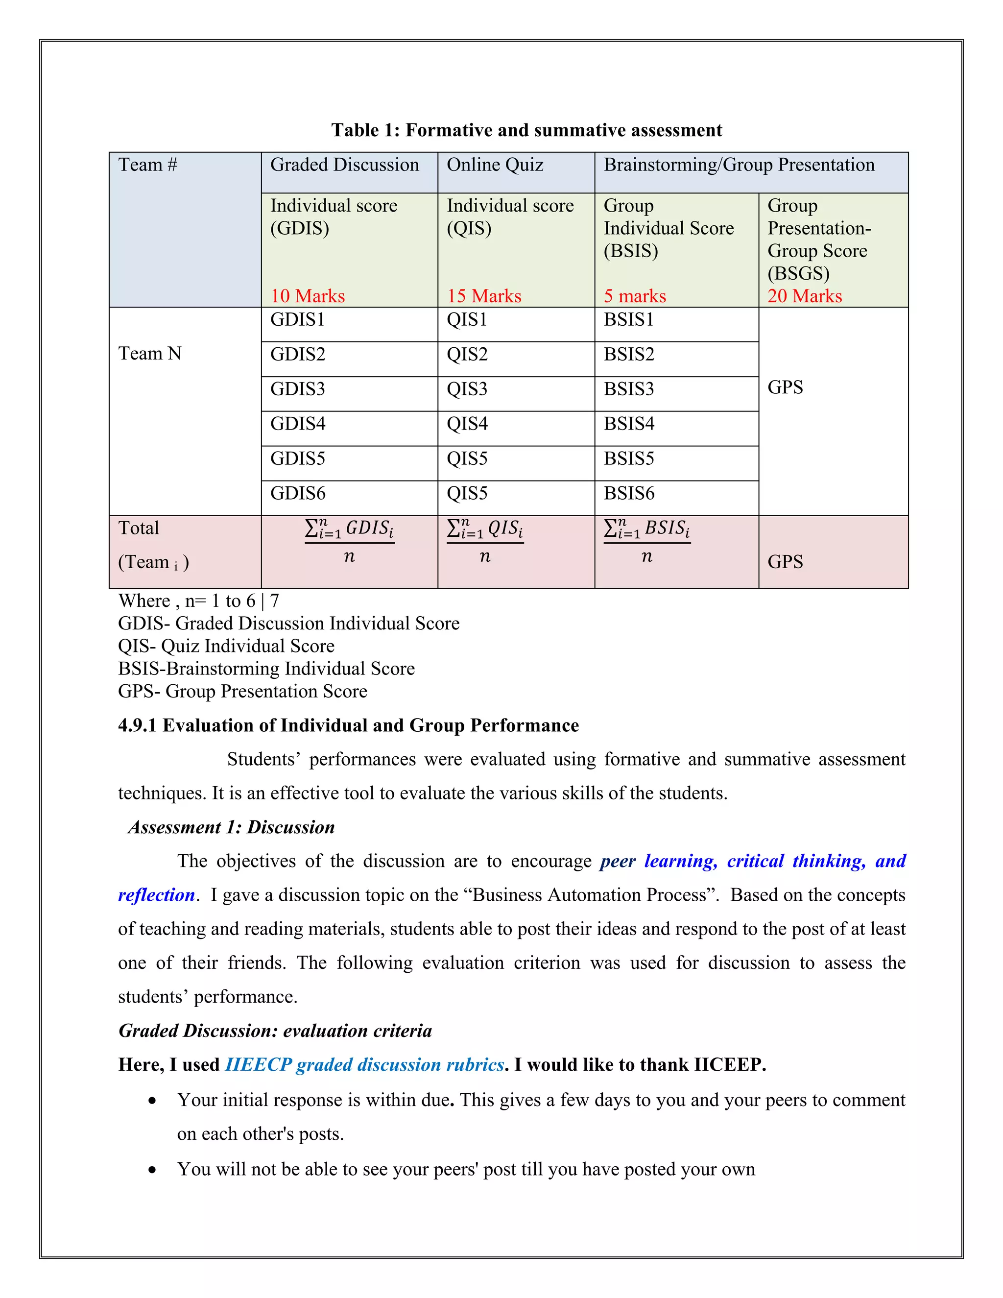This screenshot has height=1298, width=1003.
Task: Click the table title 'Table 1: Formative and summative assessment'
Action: (x=526, y=130)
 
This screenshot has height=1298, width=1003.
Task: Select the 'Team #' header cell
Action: (x=147, y=165)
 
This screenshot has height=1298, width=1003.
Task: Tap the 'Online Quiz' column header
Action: (x=495, y=165)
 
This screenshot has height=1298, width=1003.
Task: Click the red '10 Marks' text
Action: (x=307, y=296)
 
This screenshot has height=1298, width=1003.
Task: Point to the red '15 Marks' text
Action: (x=484, y=296)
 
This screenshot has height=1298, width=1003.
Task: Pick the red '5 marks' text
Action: (x=635, y=296)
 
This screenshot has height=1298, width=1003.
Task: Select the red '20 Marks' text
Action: (x=805, y=296)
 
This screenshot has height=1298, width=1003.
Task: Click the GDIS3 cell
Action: (x=298, y=389)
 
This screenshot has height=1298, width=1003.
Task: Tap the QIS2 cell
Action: (x=467, y=355)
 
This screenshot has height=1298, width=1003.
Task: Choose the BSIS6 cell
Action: (x=629, y=493)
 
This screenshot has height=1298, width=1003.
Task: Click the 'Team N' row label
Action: (x=150, y=354)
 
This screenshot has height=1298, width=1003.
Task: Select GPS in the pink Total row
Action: (x=785, y=562)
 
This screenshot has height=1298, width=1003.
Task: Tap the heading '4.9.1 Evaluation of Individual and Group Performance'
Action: (x=348, y=726)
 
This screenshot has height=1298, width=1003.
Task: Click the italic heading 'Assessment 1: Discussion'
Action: (x=231, y=827)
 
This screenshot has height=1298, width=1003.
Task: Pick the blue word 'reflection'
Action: (x=156, y=895)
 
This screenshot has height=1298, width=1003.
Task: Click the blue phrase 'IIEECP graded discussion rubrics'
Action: (x=364, y=1064)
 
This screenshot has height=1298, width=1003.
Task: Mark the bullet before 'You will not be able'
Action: (x=153, y=1170)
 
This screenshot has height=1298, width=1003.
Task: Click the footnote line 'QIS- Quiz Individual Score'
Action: (x=226, y=646)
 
